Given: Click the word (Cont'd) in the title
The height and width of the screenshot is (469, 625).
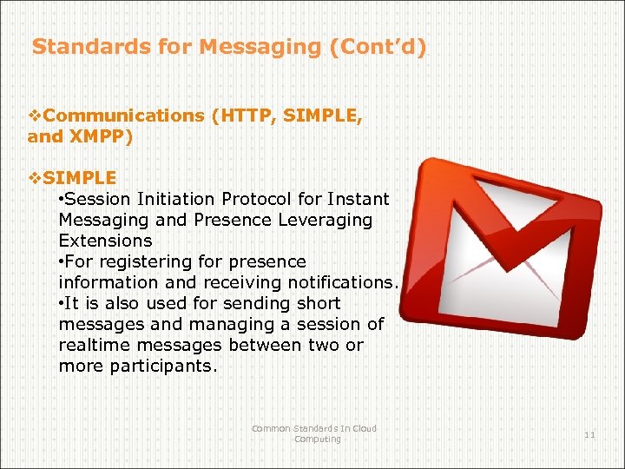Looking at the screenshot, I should click(378, 46).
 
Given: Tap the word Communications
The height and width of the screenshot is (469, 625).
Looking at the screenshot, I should click(124, 116).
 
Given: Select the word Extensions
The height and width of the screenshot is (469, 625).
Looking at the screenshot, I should click(105, 241).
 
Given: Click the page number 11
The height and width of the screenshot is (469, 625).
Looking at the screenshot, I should click(589, 434).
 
